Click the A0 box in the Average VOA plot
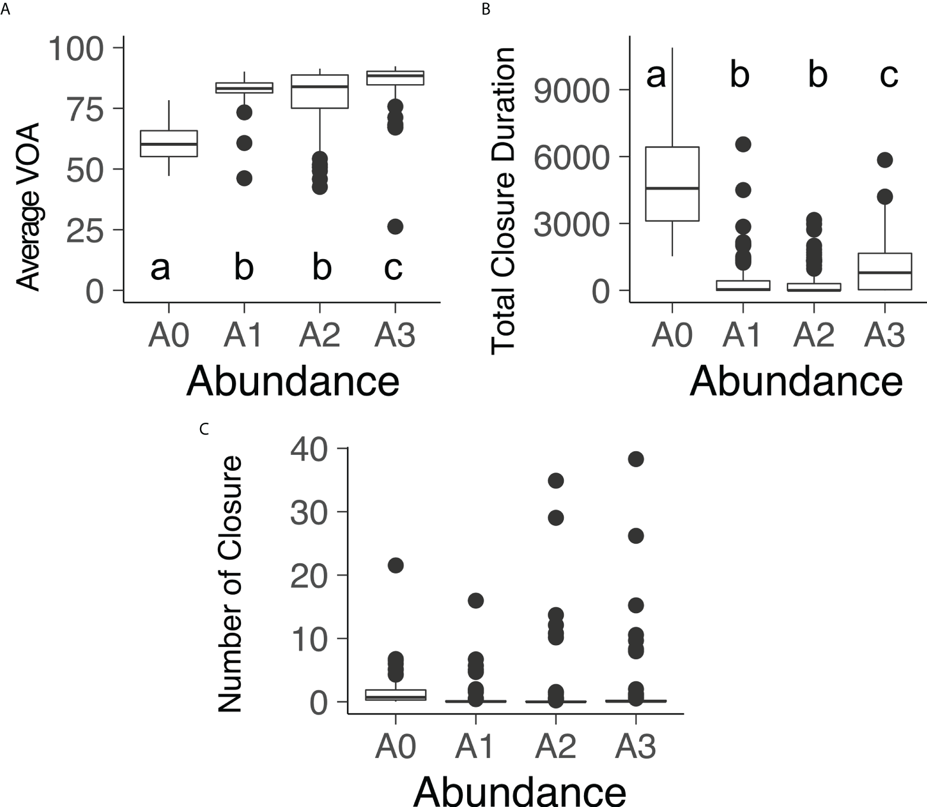click(169, 143)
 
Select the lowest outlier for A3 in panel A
click(395, 227)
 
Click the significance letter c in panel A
click(393, 267)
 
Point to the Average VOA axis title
click(27, 206)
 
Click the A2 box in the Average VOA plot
click(320, 92)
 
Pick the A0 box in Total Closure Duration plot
click(672, 184)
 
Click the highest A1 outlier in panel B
click(743, 144)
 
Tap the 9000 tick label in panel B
click(571, 91)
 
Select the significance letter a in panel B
click(656, 76)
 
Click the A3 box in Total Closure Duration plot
click(885, 272)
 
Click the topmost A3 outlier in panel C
click(636, 459)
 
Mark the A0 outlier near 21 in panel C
click(396, 566)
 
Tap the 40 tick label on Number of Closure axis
click(309, 449)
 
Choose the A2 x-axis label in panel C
click(555, 747)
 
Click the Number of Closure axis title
click(230, 583)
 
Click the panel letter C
click(204, 429)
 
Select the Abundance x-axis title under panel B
click(796, 381)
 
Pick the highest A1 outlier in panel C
click(475, 601)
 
